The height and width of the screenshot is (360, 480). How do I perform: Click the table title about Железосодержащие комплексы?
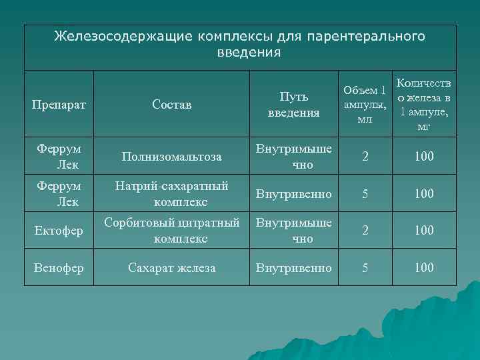(x=239, y=43)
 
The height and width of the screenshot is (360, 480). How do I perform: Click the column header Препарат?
(x=59, y=105)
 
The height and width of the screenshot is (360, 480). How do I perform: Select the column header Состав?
(x=171, y=105)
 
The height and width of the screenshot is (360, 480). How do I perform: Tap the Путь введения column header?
(x=294, y=105)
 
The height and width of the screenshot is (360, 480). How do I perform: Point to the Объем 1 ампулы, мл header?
(x=364, y=105)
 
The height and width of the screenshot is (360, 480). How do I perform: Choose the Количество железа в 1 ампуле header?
(x=423, y=105)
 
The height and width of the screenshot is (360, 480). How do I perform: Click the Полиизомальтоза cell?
(x=171, y=157)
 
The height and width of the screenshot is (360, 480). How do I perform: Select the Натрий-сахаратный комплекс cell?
(x=171, y=193)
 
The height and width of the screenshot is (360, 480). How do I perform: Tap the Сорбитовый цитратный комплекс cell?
(x=171, y=230)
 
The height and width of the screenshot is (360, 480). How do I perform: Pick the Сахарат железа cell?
(x=171, y=268)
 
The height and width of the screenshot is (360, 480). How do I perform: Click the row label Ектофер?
(x=59, y=231)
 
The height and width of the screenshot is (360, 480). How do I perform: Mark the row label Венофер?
(x=59, y=268)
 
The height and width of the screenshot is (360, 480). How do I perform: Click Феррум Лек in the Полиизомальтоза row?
(x=59, y=157)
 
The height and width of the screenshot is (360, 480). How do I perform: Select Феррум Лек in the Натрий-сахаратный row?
(x=59, y=193)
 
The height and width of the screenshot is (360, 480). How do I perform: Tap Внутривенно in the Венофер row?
(x=294, y=268)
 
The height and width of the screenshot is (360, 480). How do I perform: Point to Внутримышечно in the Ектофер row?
(x=294, y=230)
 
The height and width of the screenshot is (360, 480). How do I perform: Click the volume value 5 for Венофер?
(x=364, y=268)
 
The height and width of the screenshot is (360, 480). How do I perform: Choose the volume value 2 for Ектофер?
(x=364, y=230)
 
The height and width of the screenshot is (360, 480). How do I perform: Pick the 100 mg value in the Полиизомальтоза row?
(x=423, y=157)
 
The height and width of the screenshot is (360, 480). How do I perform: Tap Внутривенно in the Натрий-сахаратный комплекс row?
(x=294, y=193)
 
